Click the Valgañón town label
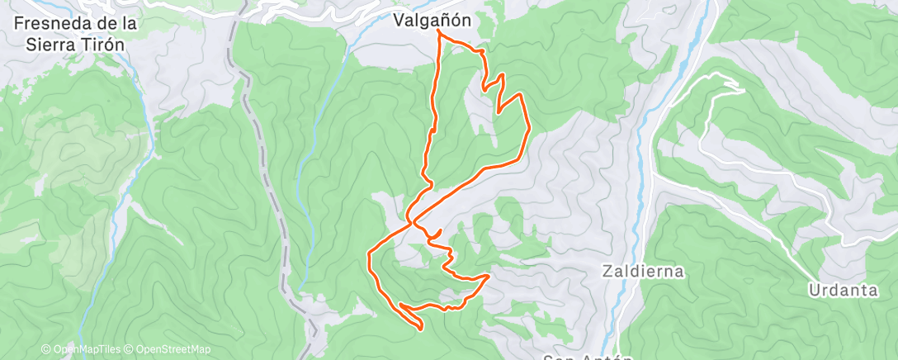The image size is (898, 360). [x=432, y=20]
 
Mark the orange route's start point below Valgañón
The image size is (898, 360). [x=437, y=35]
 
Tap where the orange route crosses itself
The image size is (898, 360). [x=412, y=220]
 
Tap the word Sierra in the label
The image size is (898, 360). [x=52, y=45]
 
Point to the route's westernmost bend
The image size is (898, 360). [x=367, y=259]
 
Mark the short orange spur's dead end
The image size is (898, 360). [x=442, y=230]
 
